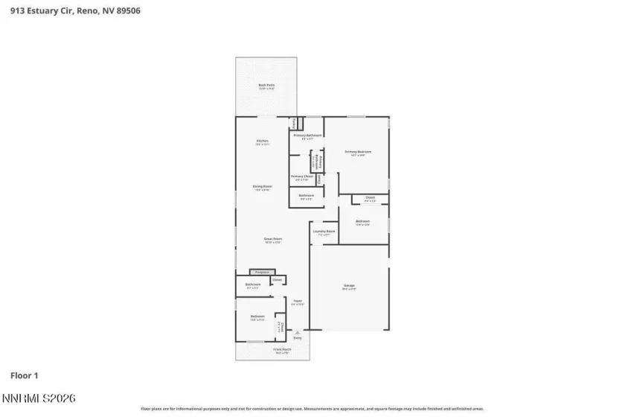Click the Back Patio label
tap(266, 86)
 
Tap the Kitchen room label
tap(263, 141)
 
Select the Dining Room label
tap(262, 187)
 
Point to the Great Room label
tap(272, 240)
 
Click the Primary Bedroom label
tap(357, 153)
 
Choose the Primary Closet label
tap(302, 177)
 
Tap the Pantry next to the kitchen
tap(294, 122)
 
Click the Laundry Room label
tap(324, 232)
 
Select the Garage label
tap(349, 286)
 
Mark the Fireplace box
tap(257, 272)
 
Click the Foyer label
tap(297, 302)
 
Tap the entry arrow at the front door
tap(298, 331)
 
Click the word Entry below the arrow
tap(298, 339)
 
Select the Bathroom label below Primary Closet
tap(307, 197)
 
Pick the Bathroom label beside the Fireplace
tap(253, 284)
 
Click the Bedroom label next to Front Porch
tap(257, 317)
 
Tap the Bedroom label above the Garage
tap(362, 221)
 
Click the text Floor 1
tap(24, 376)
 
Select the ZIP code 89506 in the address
tap(128, 10)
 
